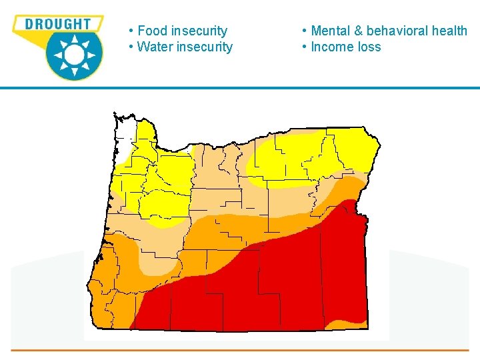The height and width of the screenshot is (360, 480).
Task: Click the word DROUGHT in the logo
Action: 57,24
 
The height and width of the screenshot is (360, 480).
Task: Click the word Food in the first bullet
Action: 152,31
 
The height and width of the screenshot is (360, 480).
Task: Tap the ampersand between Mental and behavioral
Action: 358,31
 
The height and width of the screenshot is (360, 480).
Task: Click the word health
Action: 451,31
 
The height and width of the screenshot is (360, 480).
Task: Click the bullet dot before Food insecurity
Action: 132,31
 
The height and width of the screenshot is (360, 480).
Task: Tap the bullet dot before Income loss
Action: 304,47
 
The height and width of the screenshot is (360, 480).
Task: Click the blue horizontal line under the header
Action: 240,88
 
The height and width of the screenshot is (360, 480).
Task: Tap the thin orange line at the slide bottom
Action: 240,349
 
